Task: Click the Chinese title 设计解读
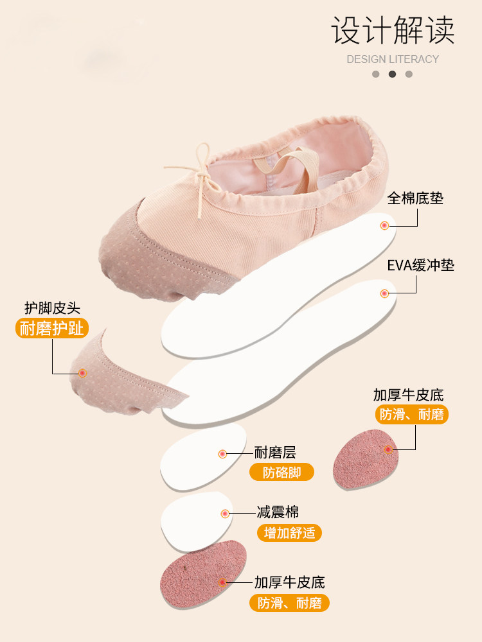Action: click(x=393, y=31)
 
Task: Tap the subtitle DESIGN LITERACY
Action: click(x=393, y=59)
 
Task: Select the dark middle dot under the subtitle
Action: click(x=393, y=74)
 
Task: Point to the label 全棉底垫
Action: click(x=415, y=198)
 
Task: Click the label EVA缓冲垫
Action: click(x=420, y=265)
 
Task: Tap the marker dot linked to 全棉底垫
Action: click(x=384, y=225)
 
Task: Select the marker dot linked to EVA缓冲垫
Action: click(x=384, y=293)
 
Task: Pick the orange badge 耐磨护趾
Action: click(x=52, y=329)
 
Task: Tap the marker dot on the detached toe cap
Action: click(x=82, y=373)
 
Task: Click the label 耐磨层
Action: click(x=275, y=453)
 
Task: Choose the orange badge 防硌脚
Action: click(x=282, y=473)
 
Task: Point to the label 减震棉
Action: click(x=278, y=512)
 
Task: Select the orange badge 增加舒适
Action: click(x=289, y=533)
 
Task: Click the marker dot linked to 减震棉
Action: click(x=225, y=514)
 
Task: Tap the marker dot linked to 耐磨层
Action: click(x=222, y=454)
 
